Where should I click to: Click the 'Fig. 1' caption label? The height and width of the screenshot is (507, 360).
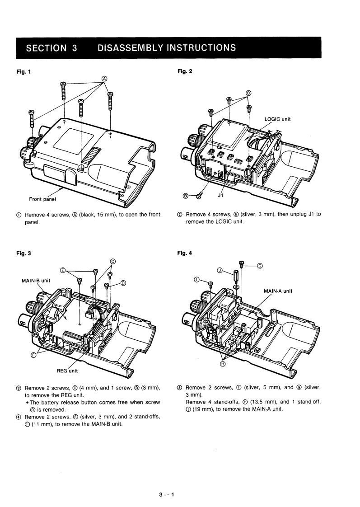tap(23, 71)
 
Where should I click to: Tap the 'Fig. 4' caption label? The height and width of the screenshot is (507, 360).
tap(185, 253)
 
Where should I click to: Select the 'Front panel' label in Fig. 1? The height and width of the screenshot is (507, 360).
tap(42, 199)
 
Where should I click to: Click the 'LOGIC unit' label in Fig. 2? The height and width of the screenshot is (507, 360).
tap(277, 119)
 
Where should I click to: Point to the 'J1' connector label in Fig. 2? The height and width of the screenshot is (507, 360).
tap(221, 195)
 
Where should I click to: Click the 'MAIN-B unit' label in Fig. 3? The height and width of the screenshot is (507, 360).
tap(36, 280)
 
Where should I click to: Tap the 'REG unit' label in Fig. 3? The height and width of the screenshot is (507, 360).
tap(67, 371)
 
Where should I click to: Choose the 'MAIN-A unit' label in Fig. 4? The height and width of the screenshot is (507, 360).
tap(278, 291)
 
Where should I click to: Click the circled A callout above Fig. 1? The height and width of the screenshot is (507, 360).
tap(104, 78)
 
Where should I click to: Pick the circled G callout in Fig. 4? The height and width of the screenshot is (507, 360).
tap(260, 267)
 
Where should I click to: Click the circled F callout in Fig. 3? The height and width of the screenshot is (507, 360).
tap(33, 355)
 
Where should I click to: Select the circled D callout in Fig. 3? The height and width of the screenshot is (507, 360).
tap(123, 284)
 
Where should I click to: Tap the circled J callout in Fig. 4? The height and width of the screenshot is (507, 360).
tap(220, 271)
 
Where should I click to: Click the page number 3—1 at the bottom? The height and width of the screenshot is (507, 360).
tap(167, 494)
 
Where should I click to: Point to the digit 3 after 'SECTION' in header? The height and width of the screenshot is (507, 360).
tap(75, 48)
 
